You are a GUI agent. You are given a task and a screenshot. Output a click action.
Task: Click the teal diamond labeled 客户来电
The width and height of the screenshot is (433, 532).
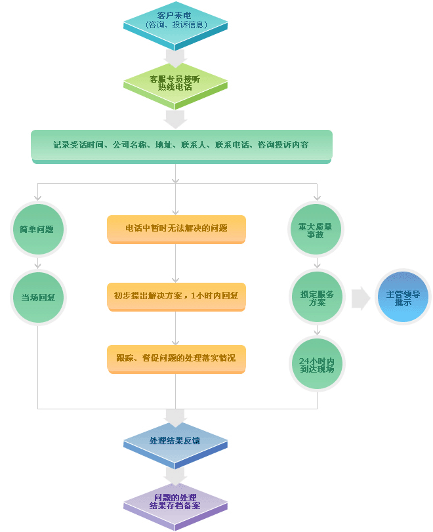tap(175, 24)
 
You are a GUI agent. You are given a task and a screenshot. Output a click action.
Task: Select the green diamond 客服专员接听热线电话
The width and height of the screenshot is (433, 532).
tap(175, 85)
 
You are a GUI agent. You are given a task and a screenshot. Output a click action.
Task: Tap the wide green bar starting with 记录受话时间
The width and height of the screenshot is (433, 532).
tap(182, 146)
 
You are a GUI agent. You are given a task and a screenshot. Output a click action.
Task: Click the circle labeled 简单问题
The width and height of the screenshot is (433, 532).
tap(38, 230)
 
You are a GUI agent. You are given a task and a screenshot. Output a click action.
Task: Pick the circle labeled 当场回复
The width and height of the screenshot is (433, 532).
tap(38, 298)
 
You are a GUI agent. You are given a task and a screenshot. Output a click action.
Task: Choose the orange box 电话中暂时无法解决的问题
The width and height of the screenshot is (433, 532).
tap(176, 229)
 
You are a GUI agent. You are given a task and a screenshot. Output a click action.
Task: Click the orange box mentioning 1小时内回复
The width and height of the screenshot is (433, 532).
tap(176, 297)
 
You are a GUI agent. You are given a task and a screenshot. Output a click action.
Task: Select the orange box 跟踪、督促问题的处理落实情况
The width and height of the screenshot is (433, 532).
tap(176, 359)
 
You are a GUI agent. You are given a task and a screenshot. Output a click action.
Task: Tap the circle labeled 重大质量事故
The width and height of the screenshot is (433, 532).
tap(316, 230)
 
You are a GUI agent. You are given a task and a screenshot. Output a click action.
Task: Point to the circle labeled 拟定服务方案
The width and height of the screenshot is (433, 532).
tap(317, 297)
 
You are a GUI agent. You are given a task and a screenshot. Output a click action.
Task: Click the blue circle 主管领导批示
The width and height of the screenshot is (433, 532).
tap(403, 297)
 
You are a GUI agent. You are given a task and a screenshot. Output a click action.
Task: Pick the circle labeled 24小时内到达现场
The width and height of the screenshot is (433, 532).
tap(317, 363)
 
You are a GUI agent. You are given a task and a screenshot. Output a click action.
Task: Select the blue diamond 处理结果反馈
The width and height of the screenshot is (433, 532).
tap(175, 445)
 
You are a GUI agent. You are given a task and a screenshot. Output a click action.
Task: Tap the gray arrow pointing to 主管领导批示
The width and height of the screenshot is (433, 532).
tap(360, 298)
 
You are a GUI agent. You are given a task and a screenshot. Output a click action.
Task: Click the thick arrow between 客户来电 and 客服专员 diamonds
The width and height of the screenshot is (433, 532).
tap(175, 58)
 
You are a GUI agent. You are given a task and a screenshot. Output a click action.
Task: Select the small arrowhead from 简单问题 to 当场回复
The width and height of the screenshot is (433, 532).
tap(37, 266)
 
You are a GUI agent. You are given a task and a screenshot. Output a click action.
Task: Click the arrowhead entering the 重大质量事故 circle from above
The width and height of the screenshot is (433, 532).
tap(317, 197)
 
